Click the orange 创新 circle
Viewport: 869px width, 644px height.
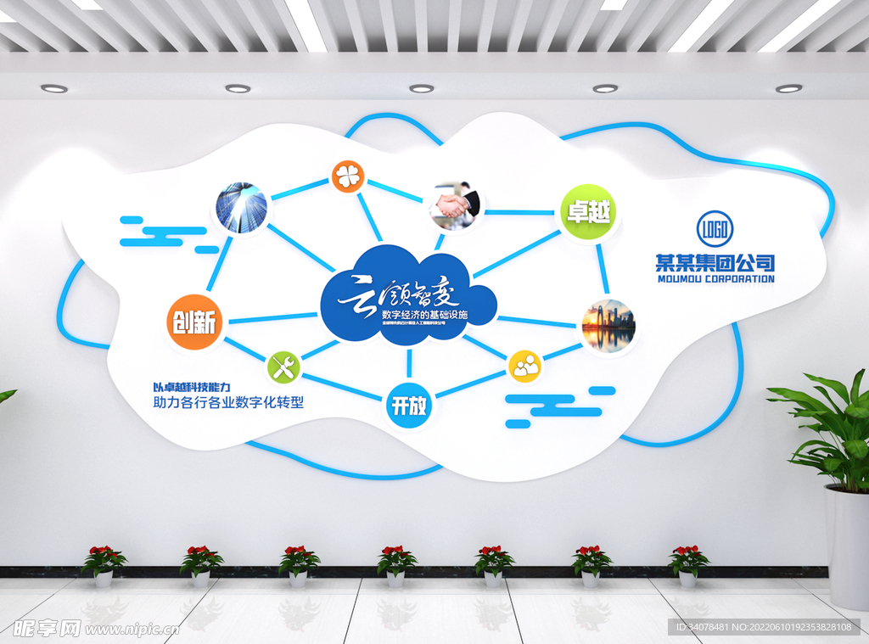194,322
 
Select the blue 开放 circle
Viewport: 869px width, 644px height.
409,406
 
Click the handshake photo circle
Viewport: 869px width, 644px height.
455,204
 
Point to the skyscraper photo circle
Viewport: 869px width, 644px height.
241,208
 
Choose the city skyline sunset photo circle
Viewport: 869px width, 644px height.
608,327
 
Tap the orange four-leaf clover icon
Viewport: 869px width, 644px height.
347,176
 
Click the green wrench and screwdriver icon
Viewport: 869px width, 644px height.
283,367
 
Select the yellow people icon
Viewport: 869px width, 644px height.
524,367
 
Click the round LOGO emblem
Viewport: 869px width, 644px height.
715,227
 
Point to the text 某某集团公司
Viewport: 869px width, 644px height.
715,262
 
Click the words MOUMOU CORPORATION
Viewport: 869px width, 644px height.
715,278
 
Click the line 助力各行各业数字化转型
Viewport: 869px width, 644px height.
227,403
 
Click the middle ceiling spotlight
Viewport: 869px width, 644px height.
421,88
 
